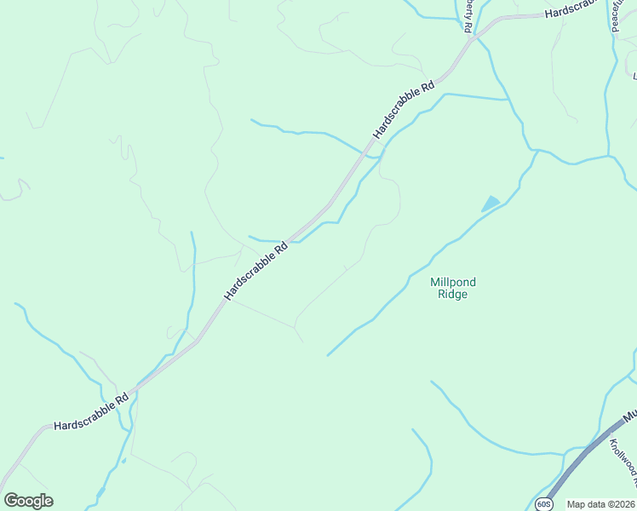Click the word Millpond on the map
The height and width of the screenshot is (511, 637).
[x=452, y=282]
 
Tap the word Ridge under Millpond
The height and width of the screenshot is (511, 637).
[x=452, y=295]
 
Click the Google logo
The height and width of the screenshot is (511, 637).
[x=28, y=501]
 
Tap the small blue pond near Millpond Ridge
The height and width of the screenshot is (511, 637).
[x=491, y=204]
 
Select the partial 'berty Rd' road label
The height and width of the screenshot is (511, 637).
[x=468, y=15]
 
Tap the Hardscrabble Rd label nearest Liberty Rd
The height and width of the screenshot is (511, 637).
[x=404, y=111]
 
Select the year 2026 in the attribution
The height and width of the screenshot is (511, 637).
[x=624, y=504]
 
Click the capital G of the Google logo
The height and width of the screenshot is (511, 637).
[x=11, y=501]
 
